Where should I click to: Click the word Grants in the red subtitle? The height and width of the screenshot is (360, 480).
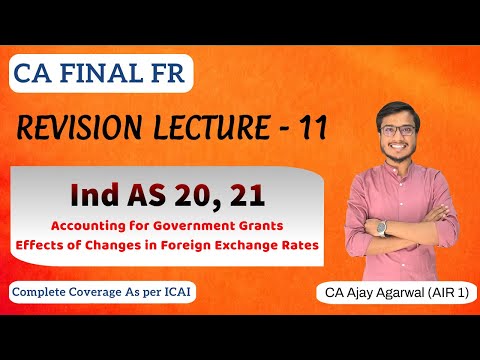tap(265, 225)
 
